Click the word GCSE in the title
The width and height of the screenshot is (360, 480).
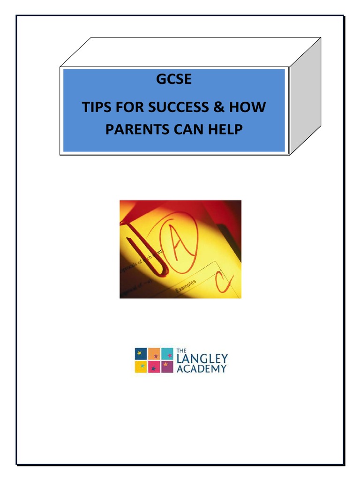click(x=174, y=80)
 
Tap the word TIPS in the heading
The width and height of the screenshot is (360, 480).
click(x=97, y=107)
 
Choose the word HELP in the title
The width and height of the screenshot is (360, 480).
click(x=225, y=129)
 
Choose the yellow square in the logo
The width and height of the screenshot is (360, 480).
click(x=141, y=367)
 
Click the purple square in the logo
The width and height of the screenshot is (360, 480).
click(x=167, y=367)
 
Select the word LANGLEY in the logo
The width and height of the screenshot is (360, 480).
click(x=202, y=359)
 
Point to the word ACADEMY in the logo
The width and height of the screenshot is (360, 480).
click(x=202, y=368)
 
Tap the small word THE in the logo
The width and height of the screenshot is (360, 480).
click(x=181, y=350)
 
